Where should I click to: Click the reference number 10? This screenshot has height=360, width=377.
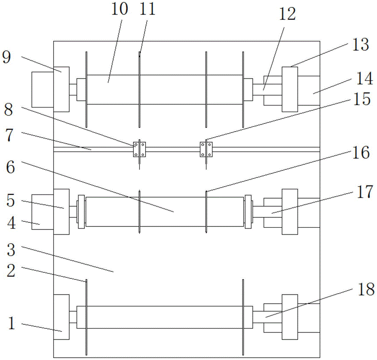pyautogui.click(x=120, y=9)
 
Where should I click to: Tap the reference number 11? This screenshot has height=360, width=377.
pyautogui.click(x=147, y=9)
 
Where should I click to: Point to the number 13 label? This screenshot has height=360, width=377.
pyautogui.click(x=360, y=45)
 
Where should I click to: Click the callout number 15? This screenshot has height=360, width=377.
pyautogui.click(x=362, y=99)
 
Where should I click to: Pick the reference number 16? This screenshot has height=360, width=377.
pyautogui.click(x=361, y=152)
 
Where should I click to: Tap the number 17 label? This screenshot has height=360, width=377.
pyautogui.click(x=365, y=192)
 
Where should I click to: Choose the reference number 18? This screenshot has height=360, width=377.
pyautogui.click(x=366, y=289)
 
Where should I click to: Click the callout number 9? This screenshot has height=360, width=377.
pyautogui.click(x=6, y=58)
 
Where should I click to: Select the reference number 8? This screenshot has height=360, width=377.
pyautogui.click(x=8, y=110)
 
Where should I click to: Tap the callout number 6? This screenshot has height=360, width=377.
pyautogui.click(x=10, y=167)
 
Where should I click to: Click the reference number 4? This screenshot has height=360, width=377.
pyautogui.click(x=11, y=223)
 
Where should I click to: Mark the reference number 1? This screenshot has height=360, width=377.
pyautogui.click(x=12, y=323)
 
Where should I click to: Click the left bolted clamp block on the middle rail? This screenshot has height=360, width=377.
pyautogui.click(x=139, y=149)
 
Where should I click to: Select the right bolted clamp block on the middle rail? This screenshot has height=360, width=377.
pyautogui.click(x=206, y=149)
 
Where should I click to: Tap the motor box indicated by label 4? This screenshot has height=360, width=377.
pyautogui.click(x=43, y=212)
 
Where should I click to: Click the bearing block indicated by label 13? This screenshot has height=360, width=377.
pyautogui.click(x=290, y=89)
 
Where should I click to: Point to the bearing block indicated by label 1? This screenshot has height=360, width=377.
pyautogui.click(x=61, y=317)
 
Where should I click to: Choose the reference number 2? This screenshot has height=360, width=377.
pyautogui.click(x=11, y=271)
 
